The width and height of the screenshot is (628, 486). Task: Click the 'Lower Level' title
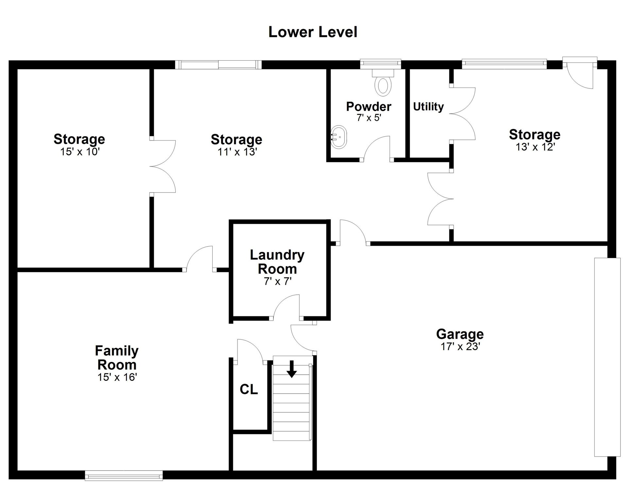click(x=313, y=32)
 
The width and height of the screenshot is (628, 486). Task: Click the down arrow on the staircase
click(x=292, y=369)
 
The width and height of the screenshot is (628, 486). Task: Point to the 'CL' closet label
click(x=249, y=389)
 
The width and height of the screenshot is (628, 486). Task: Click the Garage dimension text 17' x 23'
click(x=460, y=346)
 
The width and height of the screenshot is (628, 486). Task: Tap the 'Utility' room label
click(x=428, y=106)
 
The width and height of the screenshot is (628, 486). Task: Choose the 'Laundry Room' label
click(x=277, y=262)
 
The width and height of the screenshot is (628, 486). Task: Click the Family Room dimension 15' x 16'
click(x=117, y=377)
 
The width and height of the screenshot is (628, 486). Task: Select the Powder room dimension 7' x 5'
click(x=369, y=118)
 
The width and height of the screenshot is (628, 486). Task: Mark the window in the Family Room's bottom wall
click(x=124, y=476)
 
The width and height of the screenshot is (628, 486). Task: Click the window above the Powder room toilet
click(x=381, y=64)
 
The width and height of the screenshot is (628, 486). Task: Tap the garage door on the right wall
click(x=607, y=357)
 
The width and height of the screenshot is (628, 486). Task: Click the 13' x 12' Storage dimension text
click(x=535, y=147)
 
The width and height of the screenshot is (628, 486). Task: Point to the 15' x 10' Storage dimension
click(x=79, y=152)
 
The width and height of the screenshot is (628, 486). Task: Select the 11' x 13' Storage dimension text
click(x=237, y=152)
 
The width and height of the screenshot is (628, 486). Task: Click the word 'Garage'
click(x=460, y=334)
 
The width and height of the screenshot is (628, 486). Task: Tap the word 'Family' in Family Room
click(x=117, y=351)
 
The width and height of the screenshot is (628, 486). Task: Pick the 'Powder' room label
click(x=369, y=106)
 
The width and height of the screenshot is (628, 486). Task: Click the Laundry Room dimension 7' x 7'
click(x=277, y=281)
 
